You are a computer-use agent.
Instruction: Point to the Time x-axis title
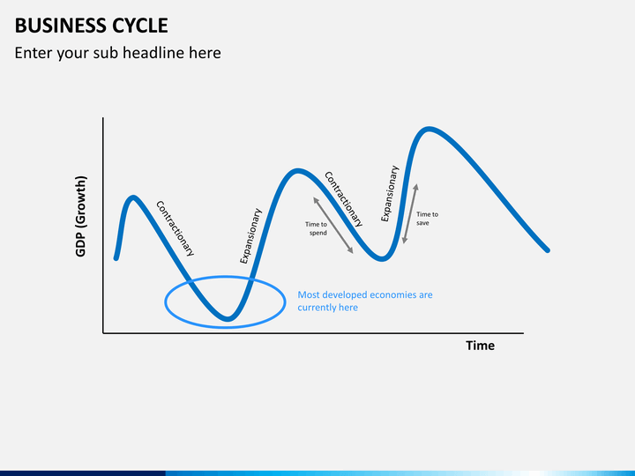(x=480, y=346)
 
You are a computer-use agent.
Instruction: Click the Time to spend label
(x=317, y=228)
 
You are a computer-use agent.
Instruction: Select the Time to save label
(x=427, y=219)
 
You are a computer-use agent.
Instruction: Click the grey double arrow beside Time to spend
(x=332, y=226)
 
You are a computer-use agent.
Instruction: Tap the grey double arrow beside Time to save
(x=409, y=214)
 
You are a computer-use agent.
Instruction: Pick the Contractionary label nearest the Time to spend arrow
(x=344, y=199)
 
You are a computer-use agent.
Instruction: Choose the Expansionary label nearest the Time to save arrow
(x=390, y=194)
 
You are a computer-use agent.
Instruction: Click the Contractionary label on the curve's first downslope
(x=175, y=228)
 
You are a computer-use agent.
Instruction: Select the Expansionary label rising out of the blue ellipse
(x=251, y=236)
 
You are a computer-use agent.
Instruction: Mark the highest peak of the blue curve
(x=429, y=130)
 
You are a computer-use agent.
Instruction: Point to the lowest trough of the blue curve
(x=227, y=318)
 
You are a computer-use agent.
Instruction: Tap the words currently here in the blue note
(x=327, y=308)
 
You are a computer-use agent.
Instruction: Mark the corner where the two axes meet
(x=103, y=333)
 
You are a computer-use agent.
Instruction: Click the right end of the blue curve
(x=548, y=250)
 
